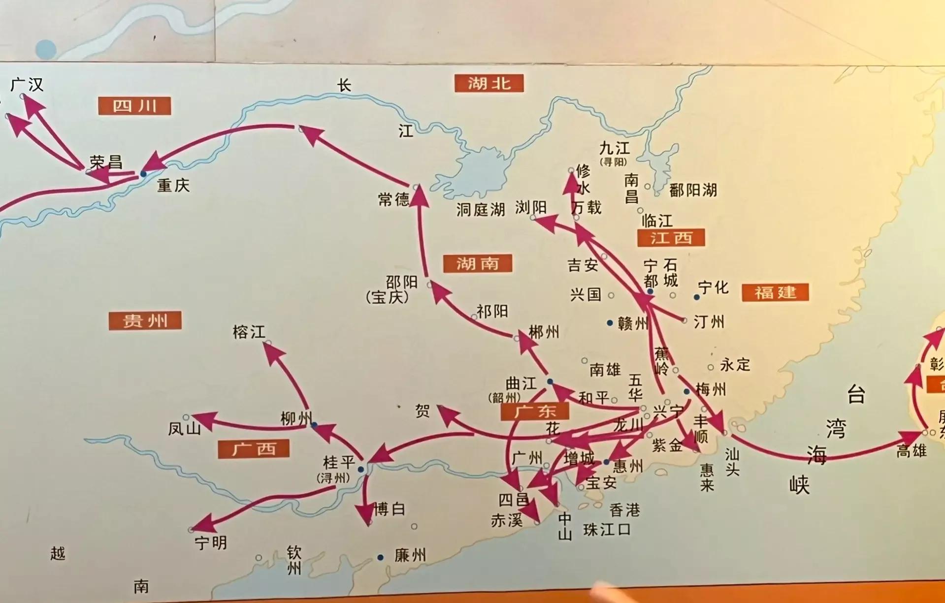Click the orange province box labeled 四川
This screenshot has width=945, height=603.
coord(134,106)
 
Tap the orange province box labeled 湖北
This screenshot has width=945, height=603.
coord(489,83)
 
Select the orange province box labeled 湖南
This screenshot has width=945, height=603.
coord(477,263)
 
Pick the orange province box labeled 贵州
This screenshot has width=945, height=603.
coord(145,321)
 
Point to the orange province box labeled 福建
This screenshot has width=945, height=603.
coord(775,292)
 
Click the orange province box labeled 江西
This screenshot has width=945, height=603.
coord(671,238)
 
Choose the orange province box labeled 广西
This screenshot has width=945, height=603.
coord(254,448)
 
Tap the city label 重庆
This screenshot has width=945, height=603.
coord(173,186)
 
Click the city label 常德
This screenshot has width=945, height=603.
coord(393,199)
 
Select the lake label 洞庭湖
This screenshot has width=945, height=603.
coord(480,210)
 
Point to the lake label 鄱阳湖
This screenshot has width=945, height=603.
coord(693,190)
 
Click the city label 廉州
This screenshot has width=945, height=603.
coord(410,556)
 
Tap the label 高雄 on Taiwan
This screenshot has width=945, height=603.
coord(911,450)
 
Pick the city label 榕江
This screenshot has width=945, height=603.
coord(249,332)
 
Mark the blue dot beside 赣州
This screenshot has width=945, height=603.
coord(610,323)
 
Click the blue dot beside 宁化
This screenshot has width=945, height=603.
coord(697,297)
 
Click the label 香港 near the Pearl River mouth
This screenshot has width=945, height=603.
coord(624,510)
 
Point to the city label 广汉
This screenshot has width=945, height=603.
coord(27,85)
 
